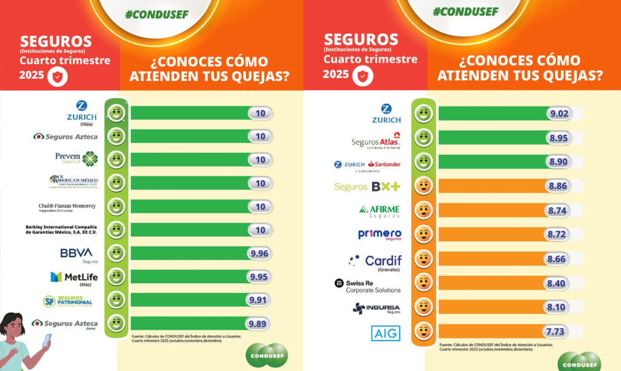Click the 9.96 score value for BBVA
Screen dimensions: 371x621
(258, 253)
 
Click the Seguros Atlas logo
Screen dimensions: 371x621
(376, 141)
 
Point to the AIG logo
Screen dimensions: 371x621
(386, 332)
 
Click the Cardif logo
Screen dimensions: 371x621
(375, 261)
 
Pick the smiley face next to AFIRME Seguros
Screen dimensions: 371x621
(423, 210)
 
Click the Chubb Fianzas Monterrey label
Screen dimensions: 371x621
(67, 207)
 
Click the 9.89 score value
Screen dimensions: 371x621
(258, 324)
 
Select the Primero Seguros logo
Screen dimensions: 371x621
(380, 235)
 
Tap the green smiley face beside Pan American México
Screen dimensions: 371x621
(116, 183)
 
